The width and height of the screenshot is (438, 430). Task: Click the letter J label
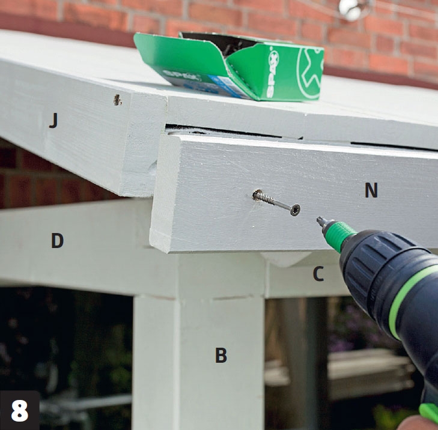pyautogui.click(x=53, y=121)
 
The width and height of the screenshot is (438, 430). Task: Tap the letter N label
pyautogui.click(x=371, y=190)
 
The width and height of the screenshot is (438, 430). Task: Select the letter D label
pyautogui.click(x=57, y=240)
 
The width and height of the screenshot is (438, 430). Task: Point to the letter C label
pyautogui.click(x=318, y=274)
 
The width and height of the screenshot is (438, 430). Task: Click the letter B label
pyautogui.click(x=221, y=355)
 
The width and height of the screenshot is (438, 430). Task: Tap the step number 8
pyautogui.click(x=20, y=411)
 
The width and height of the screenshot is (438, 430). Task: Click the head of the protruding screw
pyautogui.click(x=295, y=210)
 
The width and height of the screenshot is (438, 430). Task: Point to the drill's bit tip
pyautogui.click(x=318, y=219)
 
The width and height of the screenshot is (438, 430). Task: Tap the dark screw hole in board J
pyautogui.click(x=117, y=100)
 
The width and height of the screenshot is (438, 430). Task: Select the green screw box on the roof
pyautogui.click(x=228, y=67)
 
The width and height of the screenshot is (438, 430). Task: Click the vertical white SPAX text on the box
pyautogui.click(x=273, y=72)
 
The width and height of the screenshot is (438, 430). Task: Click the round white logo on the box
pyautogui.click(x=310, y=72)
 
